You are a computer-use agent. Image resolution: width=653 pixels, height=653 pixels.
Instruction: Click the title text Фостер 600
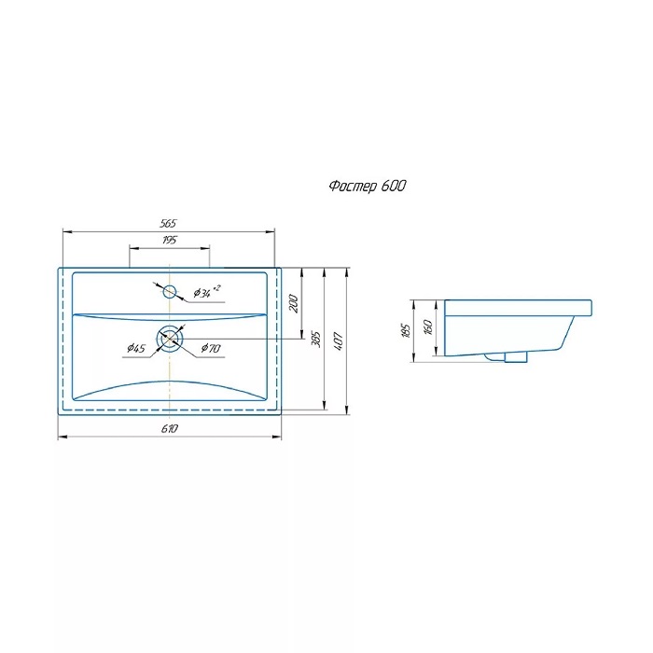[x=367, y=187]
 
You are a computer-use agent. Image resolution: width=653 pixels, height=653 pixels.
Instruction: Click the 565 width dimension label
[x=168, y=224]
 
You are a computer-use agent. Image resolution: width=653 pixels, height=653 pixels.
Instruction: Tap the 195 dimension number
[x=170, y=241]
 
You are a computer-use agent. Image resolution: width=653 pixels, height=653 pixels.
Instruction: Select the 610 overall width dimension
[x=170, y=428]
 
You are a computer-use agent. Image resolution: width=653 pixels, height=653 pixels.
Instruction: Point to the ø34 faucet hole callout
[x=206, y=292]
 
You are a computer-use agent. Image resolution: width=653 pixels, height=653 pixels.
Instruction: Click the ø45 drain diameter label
[x=136, y=348]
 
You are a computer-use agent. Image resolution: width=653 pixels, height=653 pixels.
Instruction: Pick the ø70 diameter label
[x=211, y=348]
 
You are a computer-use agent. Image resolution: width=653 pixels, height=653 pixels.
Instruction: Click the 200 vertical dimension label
[x=294, y=303]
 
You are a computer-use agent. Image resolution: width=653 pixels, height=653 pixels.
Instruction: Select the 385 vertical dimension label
[x=316, y=340]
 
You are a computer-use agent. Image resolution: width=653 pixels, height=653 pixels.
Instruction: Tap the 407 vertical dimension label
[x=338, y=341]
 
